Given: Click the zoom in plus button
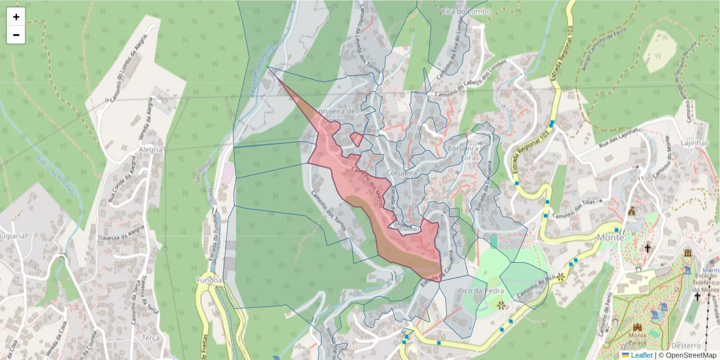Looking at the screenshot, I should click(16, 17).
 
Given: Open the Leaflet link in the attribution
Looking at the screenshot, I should click(641, 355).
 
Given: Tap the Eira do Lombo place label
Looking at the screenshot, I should click(466, 11).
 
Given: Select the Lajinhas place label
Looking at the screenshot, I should click(695, 143).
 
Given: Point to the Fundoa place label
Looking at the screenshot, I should click(209, 280).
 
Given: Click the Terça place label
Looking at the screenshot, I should click(151, 338).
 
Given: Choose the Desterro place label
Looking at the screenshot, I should click(686, 346).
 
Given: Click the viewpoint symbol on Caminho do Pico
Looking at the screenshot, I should click(561, 277).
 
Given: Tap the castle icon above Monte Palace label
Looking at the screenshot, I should click(637, 326).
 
